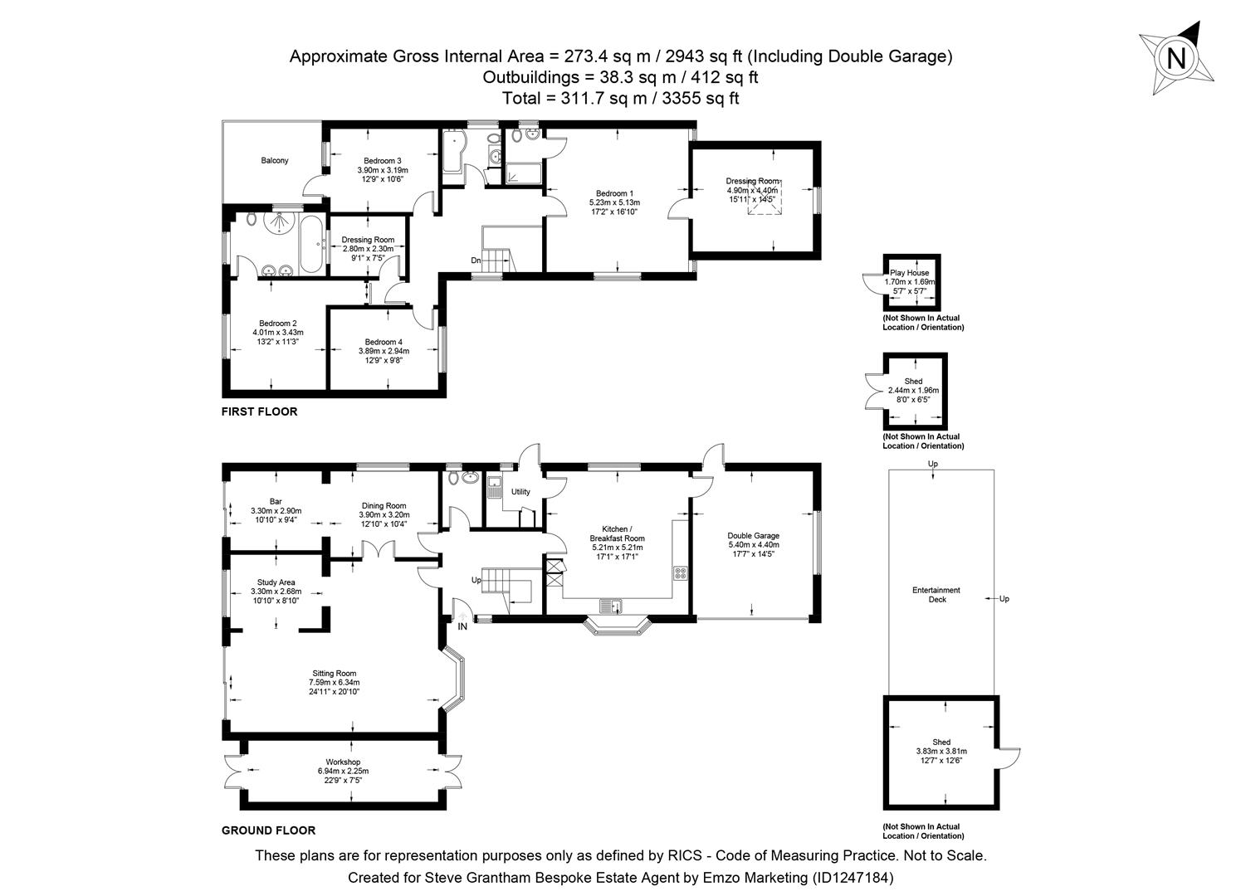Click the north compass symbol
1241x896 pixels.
click(x=1175, y=58)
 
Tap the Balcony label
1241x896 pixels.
click(x=275, y=160)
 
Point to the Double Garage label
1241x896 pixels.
click(x=753, y=536)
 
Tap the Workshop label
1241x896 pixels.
click(x=343, y=762)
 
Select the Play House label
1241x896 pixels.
click(x=910, y=272)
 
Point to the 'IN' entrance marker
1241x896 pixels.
click(x=462, y=626)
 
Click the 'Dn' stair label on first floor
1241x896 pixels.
click(x=476, y=261)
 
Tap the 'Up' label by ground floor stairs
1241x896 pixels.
click(x=476, y=580)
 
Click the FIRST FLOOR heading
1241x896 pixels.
click(x=259, y=411)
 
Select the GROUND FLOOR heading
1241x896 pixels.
click(x=268, y=830)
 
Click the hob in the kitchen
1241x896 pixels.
click(x=680, y=572)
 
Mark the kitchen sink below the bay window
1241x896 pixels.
click(x=615, y=606)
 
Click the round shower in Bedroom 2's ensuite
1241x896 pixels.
click(x=276, y=222)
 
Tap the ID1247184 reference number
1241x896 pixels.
click(x=853, y=877)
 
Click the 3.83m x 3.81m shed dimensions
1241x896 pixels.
click(x=941, y=752)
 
